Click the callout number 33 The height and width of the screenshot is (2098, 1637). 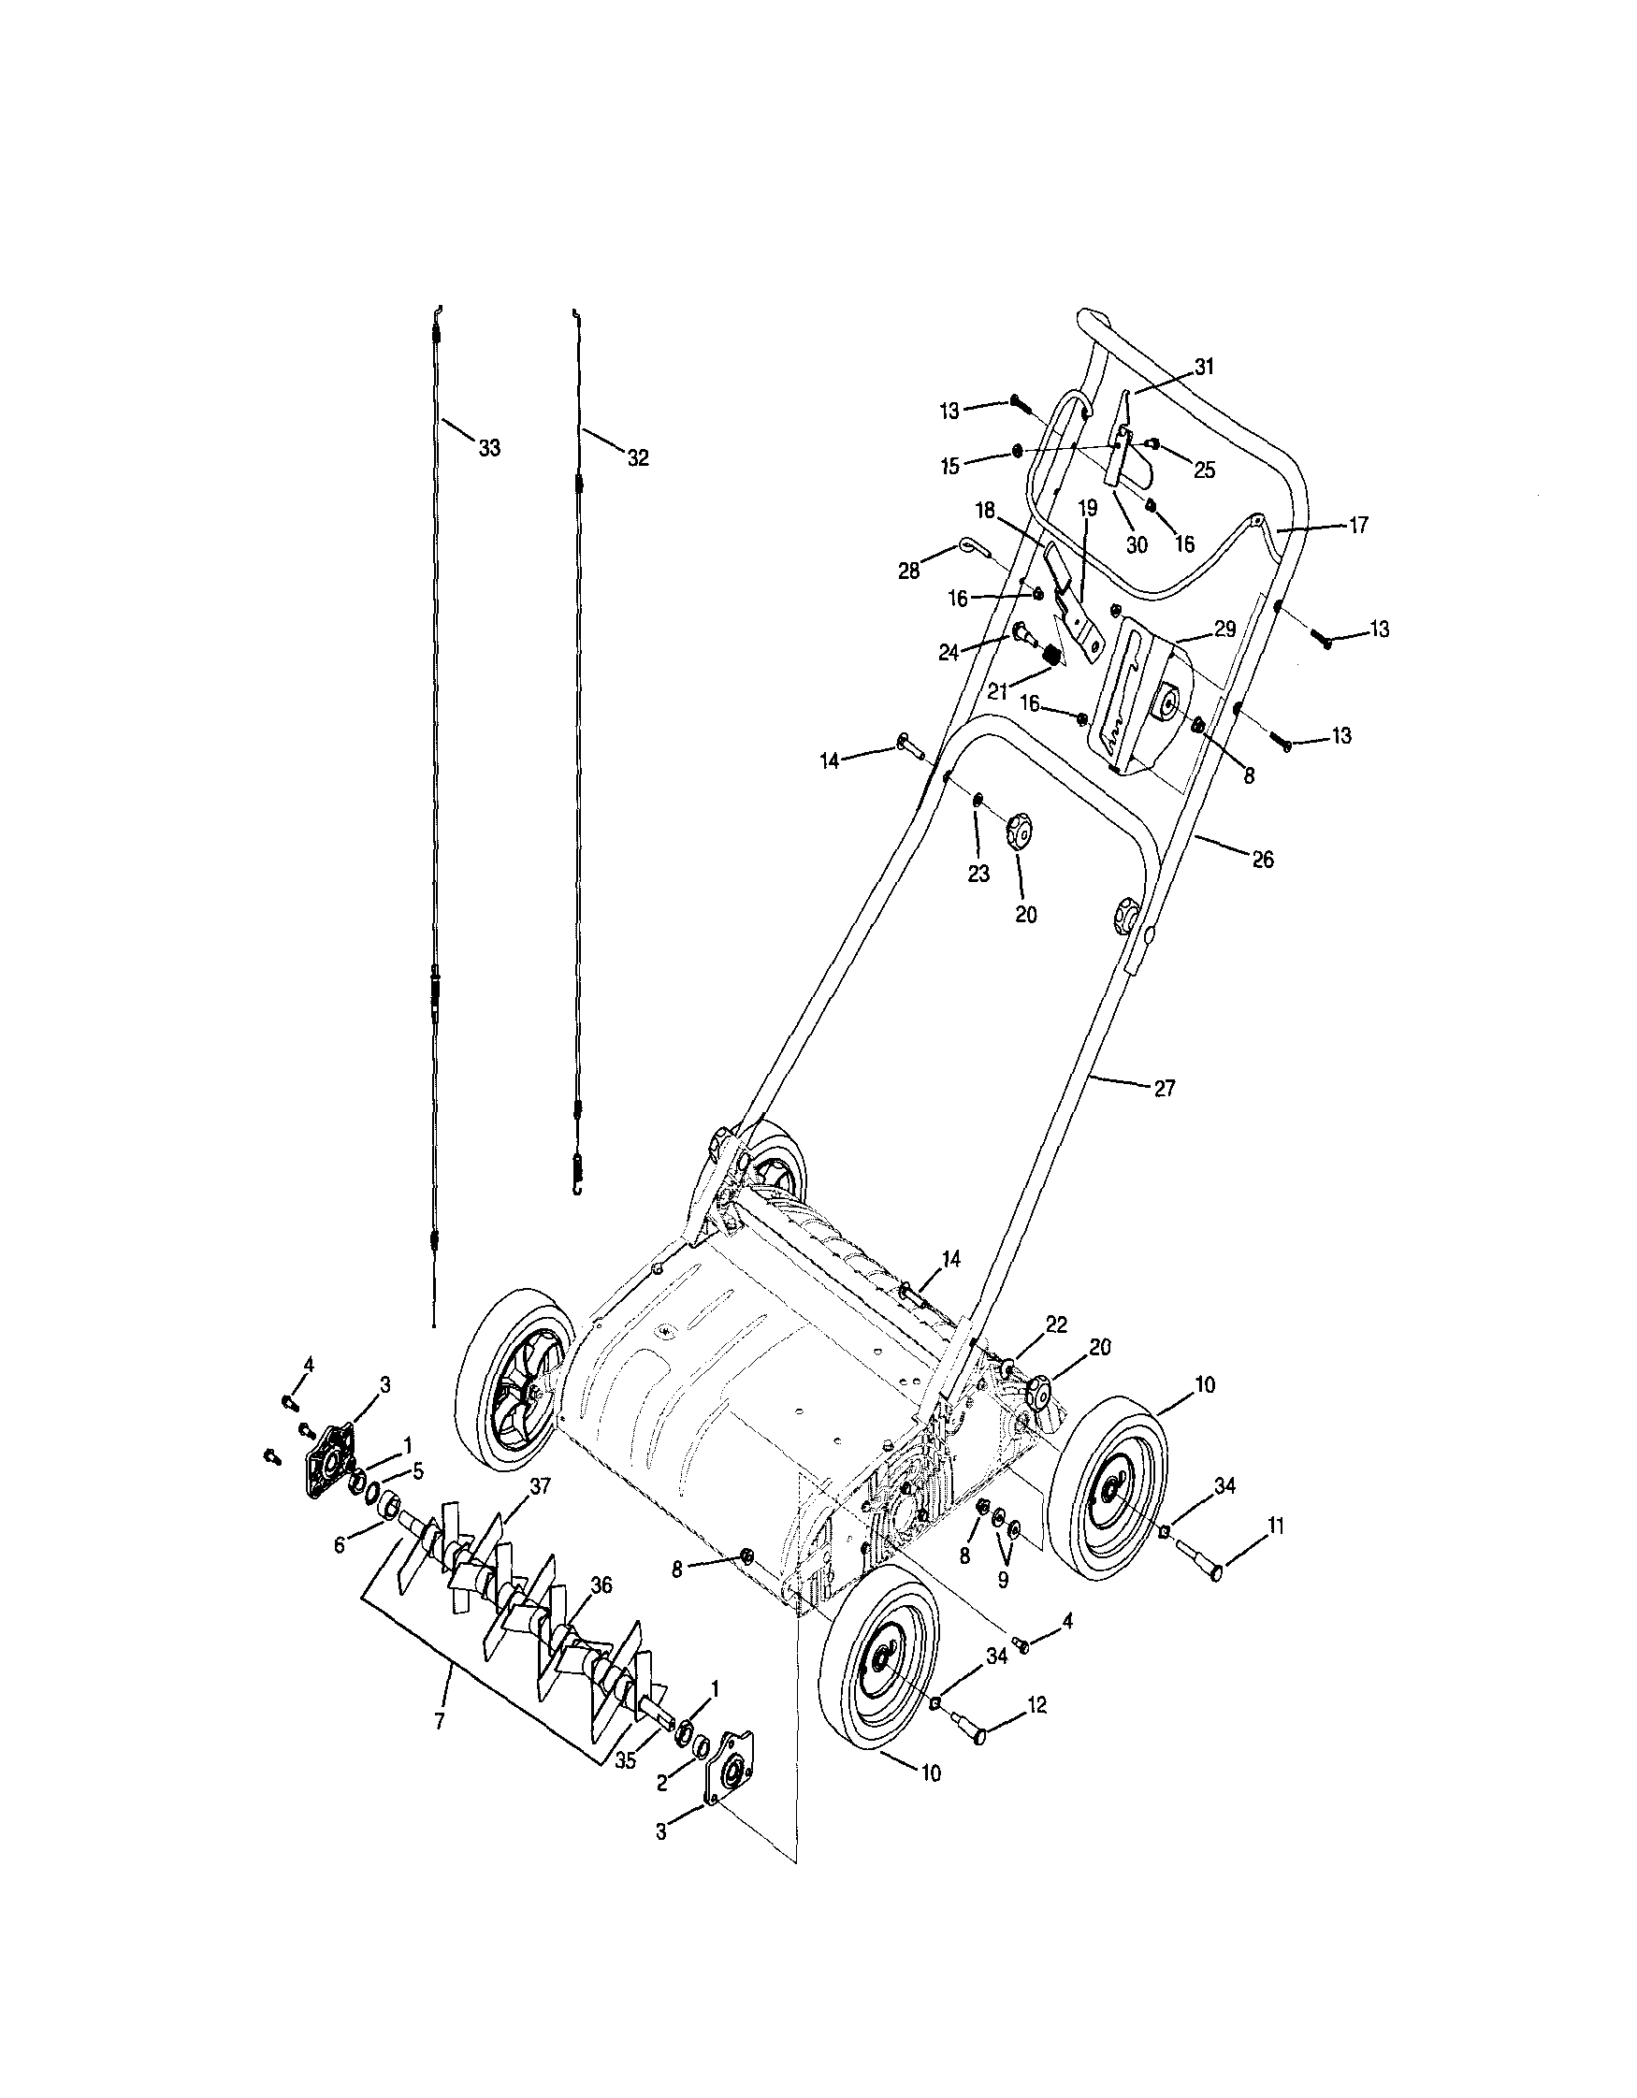pyautogui.click(x=489, y=449)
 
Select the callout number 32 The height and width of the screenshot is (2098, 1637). pyautogui.click(x=638, y=458)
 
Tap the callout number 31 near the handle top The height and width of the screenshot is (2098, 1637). pyautogui.click(x=1204, y=366)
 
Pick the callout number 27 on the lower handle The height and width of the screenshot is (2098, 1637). pyautogui.click(x=1164, y=1089)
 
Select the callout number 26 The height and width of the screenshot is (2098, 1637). pyautogui.click(x=1262, y=860)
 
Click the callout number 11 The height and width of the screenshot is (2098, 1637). pyautogui.click(x=1275, y=1526)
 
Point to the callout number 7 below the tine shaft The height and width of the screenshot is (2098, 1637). pyautogui.click(x=440, y=1721)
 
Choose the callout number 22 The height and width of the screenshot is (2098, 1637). pyautogui.click(x=1056, y=1324)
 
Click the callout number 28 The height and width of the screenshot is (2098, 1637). pyautogui.click(x=908, y=571)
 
